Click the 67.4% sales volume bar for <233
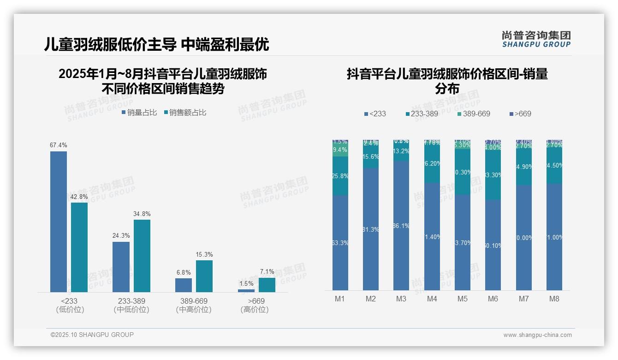pos(59,222)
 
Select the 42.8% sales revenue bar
pos(79,247)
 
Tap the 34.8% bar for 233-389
pos(142,256)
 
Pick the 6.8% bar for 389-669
pos(184,285)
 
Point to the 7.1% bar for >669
pos(267,285)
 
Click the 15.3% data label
pos(204,255)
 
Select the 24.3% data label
pos(121,236)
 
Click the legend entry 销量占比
pos(139,113)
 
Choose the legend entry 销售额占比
pos(185,113)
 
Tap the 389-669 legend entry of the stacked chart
pos(474,114)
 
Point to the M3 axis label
pos(401,299)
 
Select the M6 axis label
pos(493,299)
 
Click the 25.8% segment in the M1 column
pos(340,176)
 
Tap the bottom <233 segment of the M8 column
pos(554,237)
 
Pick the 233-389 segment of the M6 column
pos(493,175)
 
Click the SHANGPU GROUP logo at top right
pos(536,39)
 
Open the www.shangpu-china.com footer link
pos(537,335)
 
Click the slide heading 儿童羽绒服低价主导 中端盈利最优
pos(156,44)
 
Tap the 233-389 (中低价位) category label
pos(131,305)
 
